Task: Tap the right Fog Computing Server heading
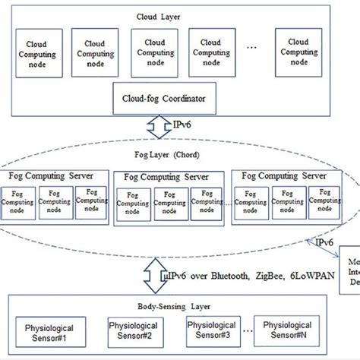[283, 175]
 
